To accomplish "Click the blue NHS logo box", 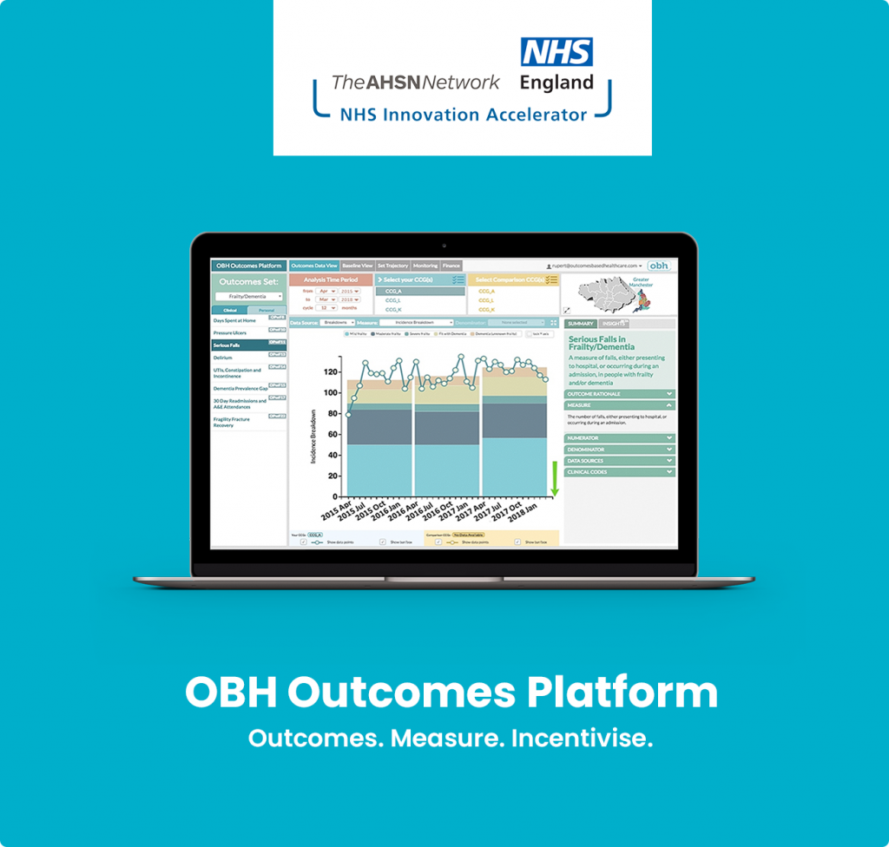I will coord(556,52).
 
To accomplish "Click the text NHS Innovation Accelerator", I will coord(463,114).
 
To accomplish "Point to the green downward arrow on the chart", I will coord(555,481).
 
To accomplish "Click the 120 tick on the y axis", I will coord(330,371).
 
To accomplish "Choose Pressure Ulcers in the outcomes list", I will coord(231,332).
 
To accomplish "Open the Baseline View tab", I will coord(358,266).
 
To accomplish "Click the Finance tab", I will coord(451,266).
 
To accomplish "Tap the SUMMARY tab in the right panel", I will coord(580,324).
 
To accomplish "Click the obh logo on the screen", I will coord(659,266).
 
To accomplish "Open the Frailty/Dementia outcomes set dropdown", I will coord(249,297).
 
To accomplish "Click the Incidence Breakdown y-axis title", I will coord(313,437).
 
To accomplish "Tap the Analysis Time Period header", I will coord(331,279).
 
